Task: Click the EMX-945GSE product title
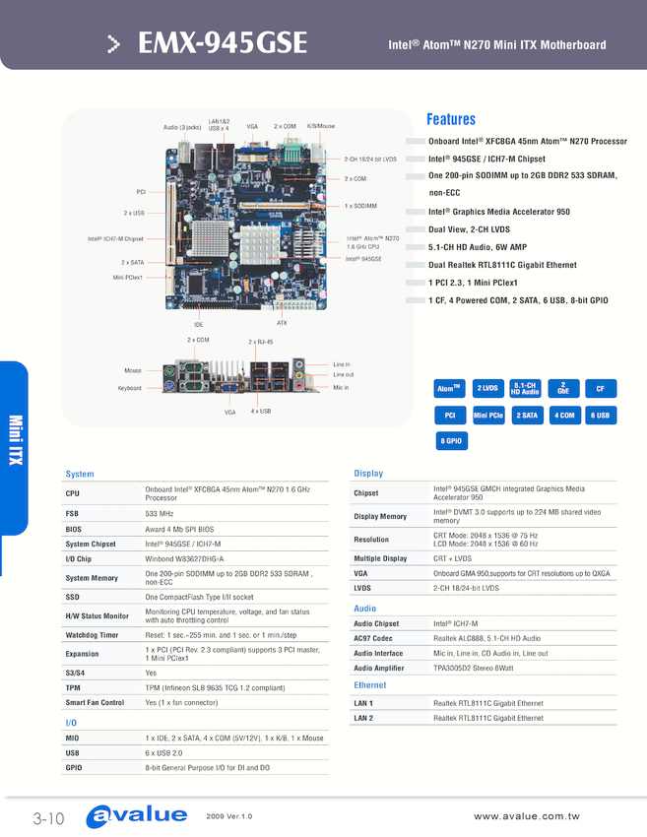(x=223, y=42)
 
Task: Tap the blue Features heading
(x=451, y=119)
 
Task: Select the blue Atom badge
(x=449, y=389)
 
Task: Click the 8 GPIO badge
(x=451, y=441)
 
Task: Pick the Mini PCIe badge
(x=488, y=416)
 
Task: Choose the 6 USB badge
(x=601, y=416)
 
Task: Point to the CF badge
(x=601, y=389)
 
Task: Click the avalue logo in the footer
(x=137, y=816)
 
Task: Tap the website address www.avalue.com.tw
(x=526, y=816)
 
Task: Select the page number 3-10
(x=48, y=818)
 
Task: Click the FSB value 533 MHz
(x=160, y=513)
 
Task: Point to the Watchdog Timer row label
(x=92, y=635)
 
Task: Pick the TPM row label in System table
(x=73, y=688)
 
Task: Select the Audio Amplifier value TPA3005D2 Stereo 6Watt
(x=474, y=668)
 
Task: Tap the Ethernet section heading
(x=370, y=685)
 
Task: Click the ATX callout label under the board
(x=282, y=323)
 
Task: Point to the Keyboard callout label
(x=130, y=388)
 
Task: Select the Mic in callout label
(x=341, y=388)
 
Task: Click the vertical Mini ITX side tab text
(x=16, y=440)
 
